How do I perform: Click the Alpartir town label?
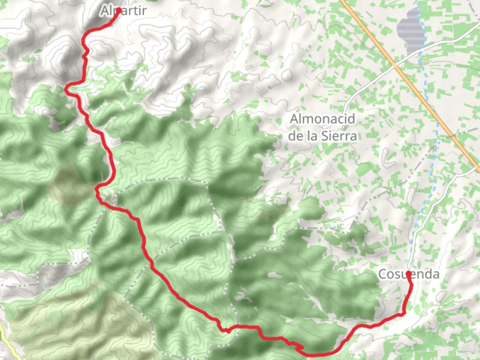(123, 11)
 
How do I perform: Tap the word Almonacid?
(322, 119)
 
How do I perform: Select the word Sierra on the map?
(339, 136)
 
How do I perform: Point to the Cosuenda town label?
(408, 274)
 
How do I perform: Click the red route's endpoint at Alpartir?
(118, 10)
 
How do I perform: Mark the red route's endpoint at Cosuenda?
(409, 274)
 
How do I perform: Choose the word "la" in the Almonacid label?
(310, 136)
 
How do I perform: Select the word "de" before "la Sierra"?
(295, 136)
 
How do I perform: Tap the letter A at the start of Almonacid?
(294, 119)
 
